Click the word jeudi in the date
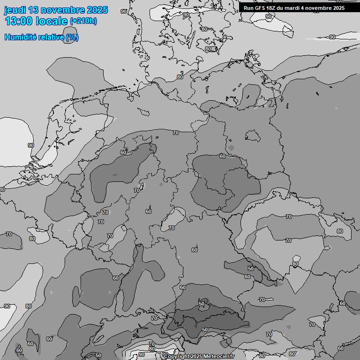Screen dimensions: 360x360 click(15, 10)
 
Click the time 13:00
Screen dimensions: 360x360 click(19, 21)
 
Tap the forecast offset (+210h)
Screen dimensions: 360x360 click(83, 21)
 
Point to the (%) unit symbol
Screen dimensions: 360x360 click(72, 37)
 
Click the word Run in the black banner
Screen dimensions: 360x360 click(248, 8)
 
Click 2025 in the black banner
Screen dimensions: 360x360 click(339, 8)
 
